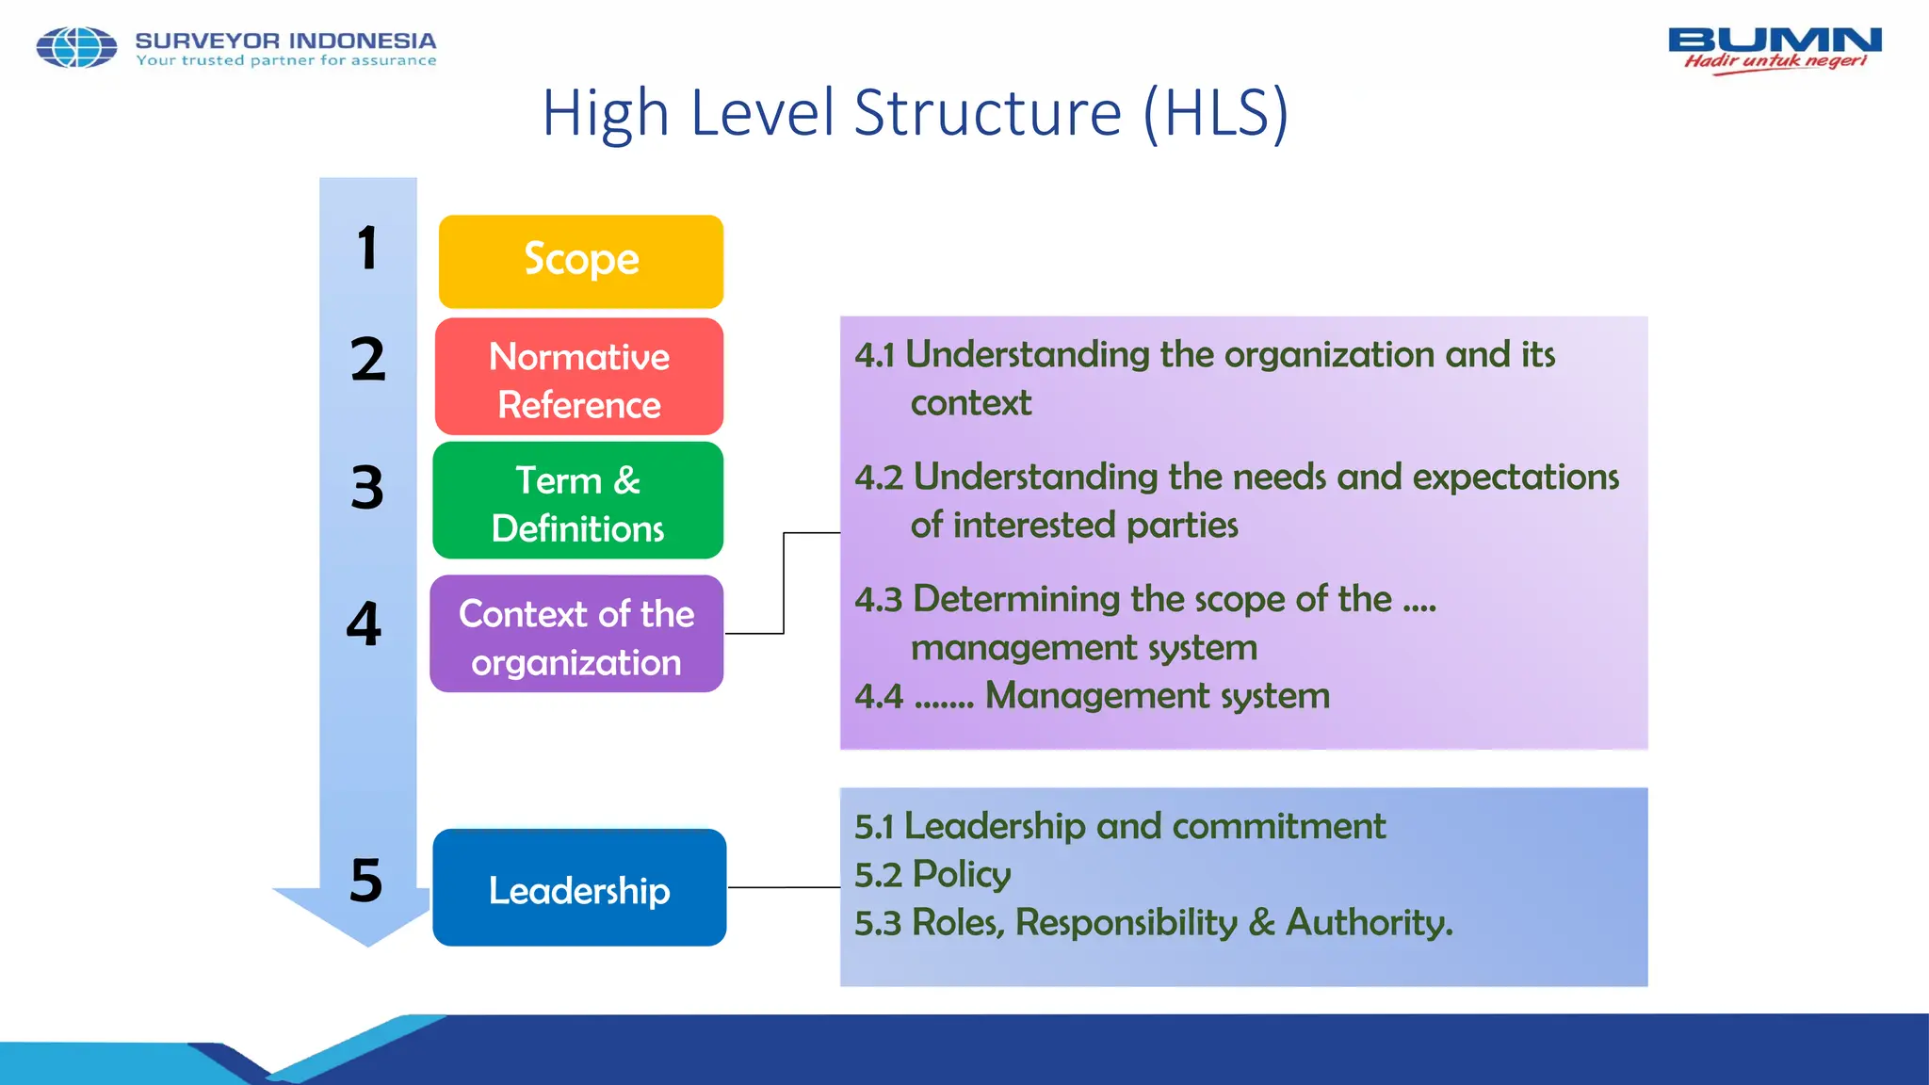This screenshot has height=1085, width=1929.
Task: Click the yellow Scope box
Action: [581, 261]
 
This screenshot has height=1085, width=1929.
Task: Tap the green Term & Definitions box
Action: [578, 501]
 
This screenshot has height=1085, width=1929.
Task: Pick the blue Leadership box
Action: [579, 888]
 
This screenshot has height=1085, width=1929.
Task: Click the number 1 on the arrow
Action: [367, 249]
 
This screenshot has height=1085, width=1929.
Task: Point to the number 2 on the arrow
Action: [367, 360]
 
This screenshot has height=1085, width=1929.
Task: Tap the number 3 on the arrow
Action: [367, 488]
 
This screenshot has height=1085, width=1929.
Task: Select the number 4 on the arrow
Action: [365, 623]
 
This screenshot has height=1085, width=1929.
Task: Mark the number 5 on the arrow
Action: [366, 881]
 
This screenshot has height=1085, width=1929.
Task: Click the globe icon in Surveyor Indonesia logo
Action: [76, 47]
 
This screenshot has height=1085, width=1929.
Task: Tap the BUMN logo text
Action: [1775, 40]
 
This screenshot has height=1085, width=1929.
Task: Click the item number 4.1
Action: [874, 355]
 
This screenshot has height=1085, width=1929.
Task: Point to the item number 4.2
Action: [878, 478]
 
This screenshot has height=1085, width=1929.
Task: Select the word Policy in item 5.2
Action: [961, 875]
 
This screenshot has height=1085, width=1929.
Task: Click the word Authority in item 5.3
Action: [1370, 923]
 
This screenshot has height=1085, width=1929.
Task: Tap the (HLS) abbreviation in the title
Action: [1215, 113]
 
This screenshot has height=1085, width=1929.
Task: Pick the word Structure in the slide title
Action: [988, 113]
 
